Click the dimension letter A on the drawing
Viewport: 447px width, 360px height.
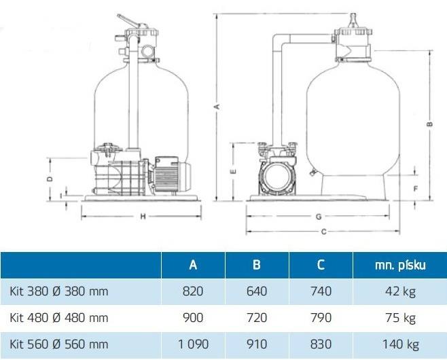pos(217,107)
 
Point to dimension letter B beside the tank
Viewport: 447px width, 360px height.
pos(431,124)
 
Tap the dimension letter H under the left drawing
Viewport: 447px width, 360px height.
pos(143,217)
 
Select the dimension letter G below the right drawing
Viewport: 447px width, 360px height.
pos(319,217)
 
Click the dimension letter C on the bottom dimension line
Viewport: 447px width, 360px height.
pos(323,232)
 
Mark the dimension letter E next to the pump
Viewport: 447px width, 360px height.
pos(233,171)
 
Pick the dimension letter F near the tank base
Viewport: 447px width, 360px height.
pos(416,188)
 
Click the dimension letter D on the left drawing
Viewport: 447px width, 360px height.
pos(50,179)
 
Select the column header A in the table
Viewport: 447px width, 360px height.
pos(193,265)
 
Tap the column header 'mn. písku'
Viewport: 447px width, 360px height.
pos(400,265)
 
